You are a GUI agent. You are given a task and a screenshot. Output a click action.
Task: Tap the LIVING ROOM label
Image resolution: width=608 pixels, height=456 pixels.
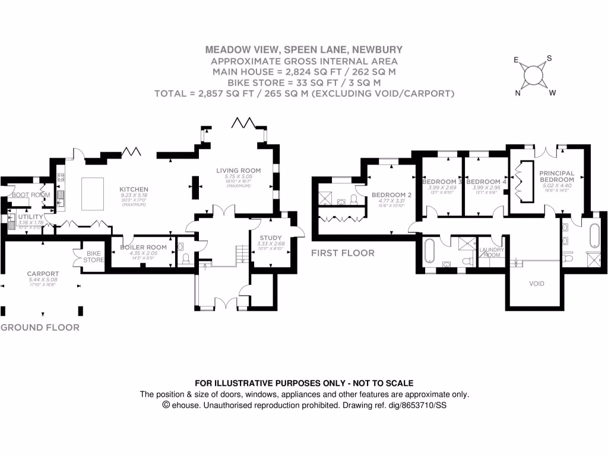click(238, 170)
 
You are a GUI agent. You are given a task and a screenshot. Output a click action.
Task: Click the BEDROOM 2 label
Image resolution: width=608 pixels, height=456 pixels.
click(392, 195)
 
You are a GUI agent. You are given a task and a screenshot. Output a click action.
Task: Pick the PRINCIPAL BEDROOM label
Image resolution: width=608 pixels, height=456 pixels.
click(556, 176)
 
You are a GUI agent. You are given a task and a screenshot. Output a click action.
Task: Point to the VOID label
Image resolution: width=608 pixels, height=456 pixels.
click(536, 284)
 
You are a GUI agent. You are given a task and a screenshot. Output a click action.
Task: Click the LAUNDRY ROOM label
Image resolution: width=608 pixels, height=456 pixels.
click(492, 252)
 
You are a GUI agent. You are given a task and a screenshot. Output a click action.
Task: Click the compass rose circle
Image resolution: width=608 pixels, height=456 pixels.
click(534, 75)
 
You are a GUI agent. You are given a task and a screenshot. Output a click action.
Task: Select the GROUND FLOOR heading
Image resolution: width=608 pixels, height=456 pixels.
click(39, 327)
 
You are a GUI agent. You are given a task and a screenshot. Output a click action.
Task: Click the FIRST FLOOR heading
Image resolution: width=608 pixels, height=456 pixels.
click(343, 253)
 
